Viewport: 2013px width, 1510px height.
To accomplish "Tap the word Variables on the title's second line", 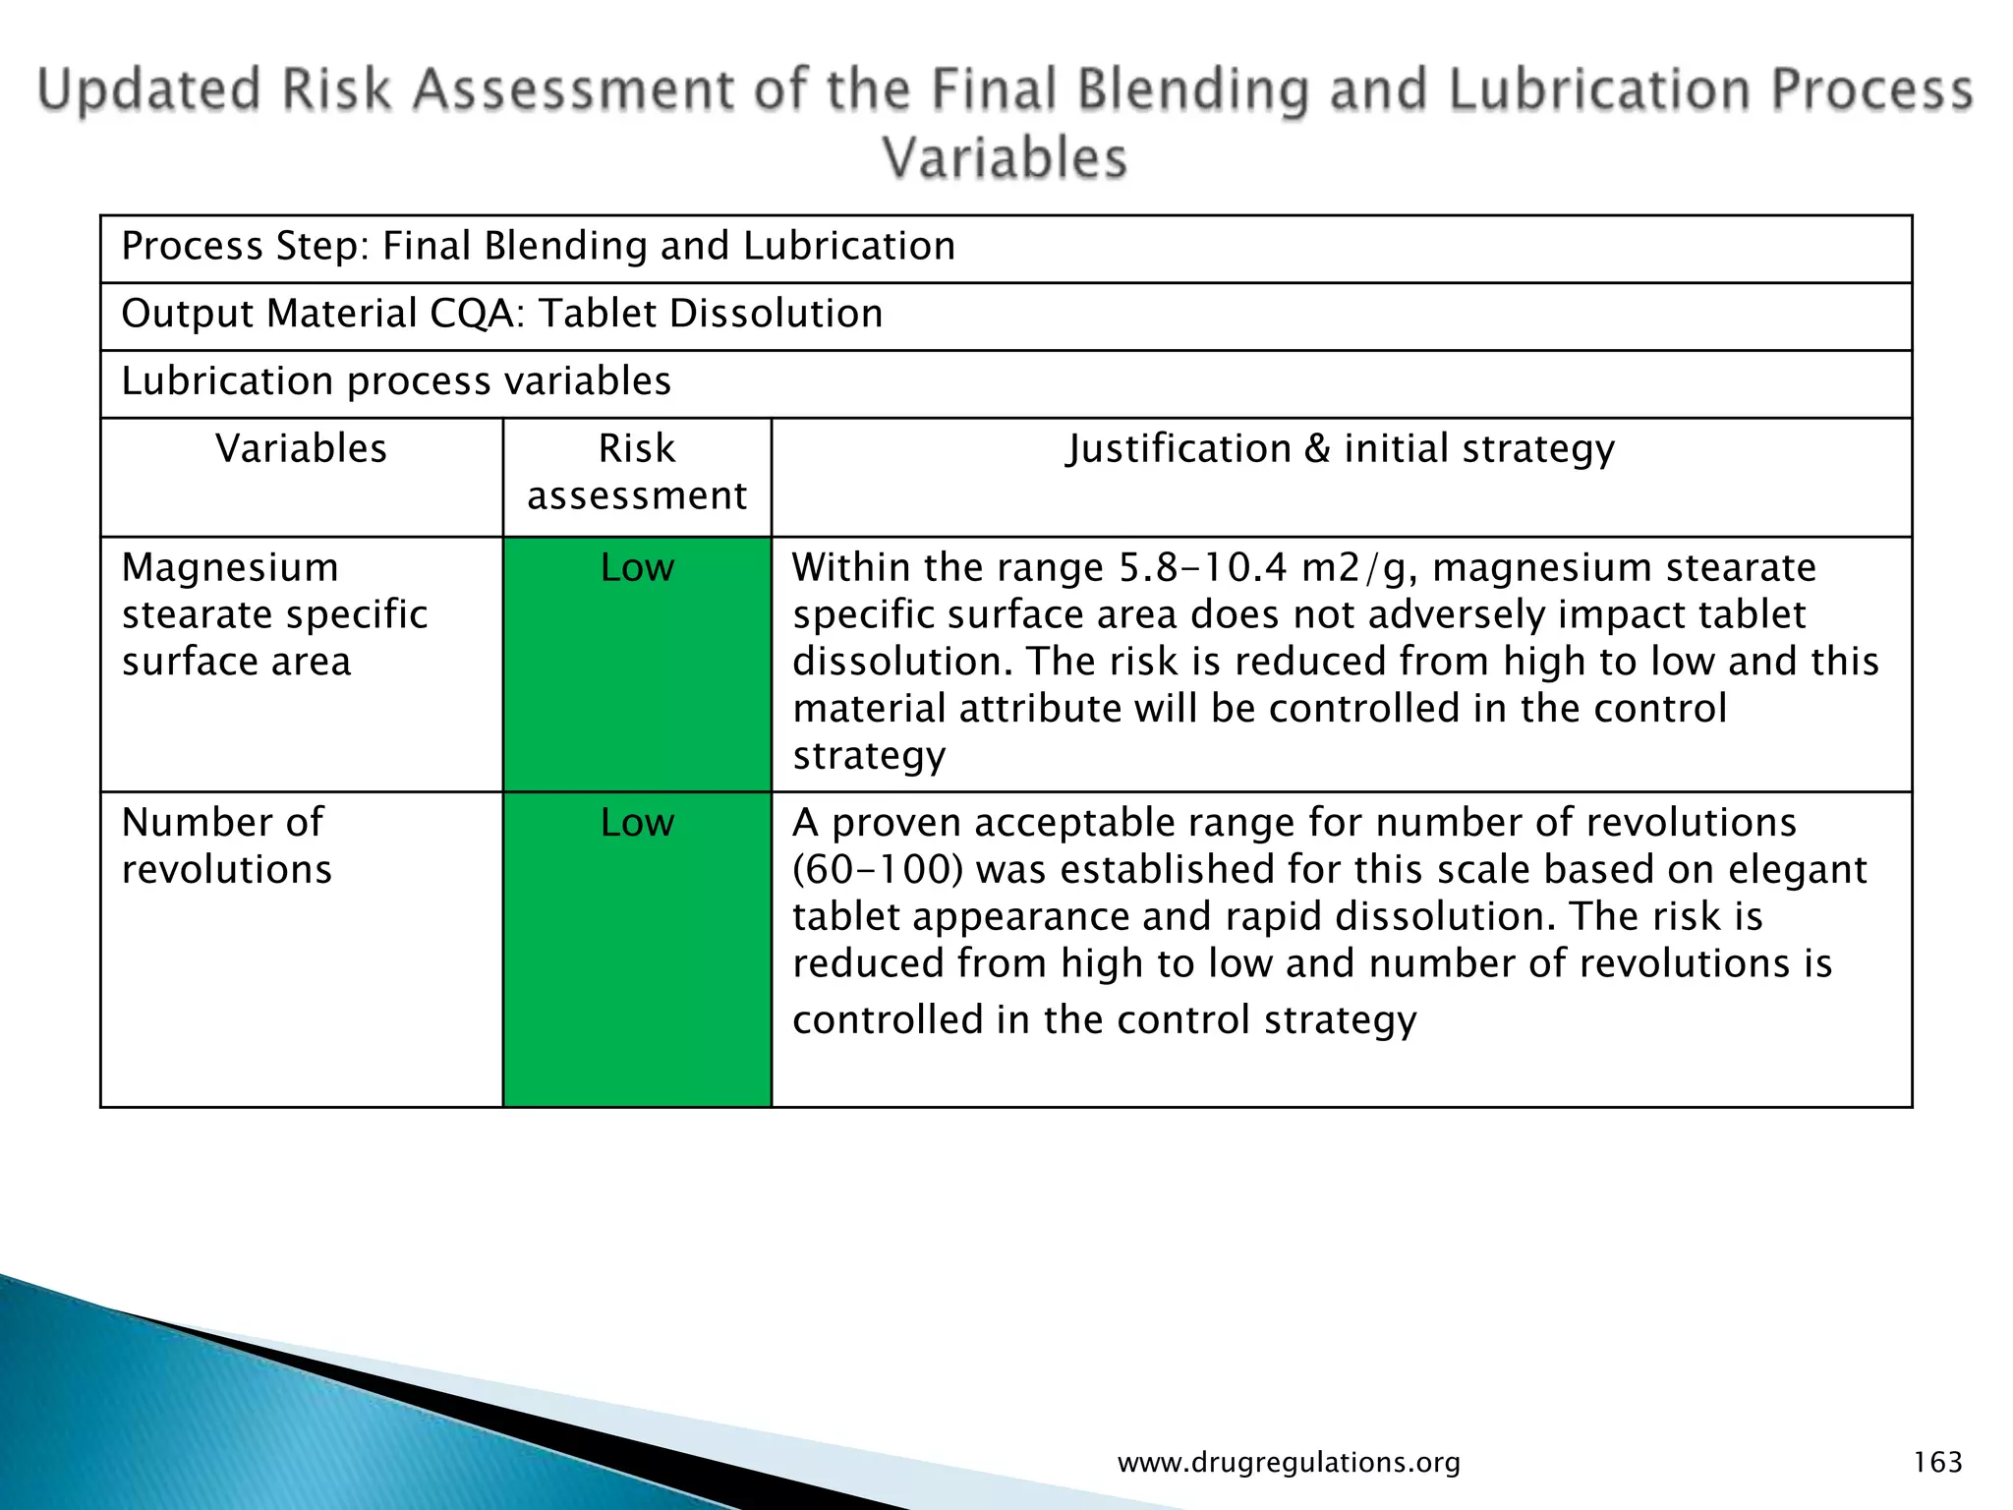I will coord(1004,158).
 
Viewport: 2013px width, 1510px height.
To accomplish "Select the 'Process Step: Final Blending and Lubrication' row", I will coord(538,246).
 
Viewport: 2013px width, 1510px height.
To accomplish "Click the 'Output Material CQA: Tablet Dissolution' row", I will coord(501,314).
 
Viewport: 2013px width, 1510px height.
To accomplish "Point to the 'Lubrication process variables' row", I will coord(396,381).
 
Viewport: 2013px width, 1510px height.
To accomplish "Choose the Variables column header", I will coord(301,449).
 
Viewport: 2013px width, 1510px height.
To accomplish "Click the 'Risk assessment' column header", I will coord(637,472).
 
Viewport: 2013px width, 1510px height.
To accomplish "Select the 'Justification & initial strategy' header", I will coord(1341,449).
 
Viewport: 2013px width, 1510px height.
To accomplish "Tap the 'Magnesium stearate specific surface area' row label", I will coord(274,614).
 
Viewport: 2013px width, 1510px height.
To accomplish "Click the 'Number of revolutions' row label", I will coord(227,845).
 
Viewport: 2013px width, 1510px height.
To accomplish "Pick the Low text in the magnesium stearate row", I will coord(637,568).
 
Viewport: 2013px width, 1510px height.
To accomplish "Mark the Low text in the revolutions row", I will coord(637,823).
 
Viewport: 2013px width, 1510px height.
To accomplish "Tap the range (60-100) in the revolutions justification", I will coord(878,870).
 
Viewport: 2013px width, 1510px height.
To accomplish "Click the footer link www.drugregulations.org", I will coord(1289,1462).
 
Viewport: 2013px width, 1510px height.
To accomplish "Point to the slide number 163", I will coord(1937,1462).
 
